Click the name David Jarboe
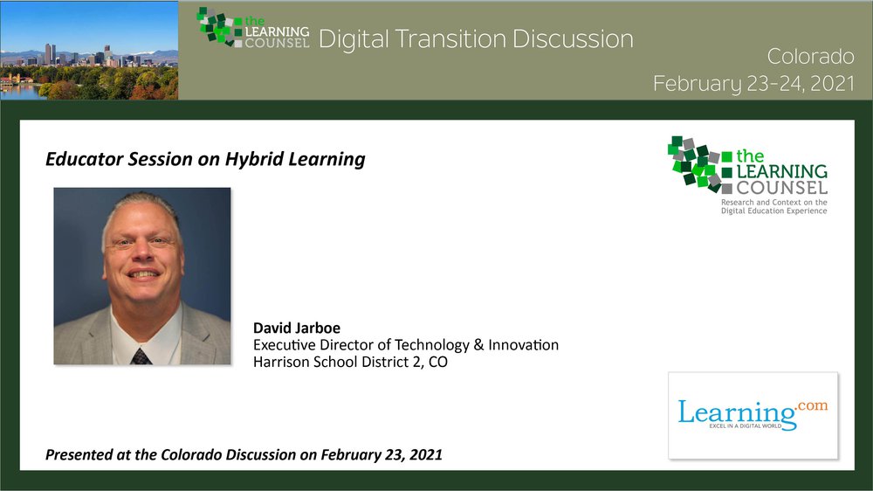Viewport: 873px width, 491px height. click(297, 328)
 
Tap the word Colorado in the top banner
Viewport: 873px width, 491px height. click(811, 56)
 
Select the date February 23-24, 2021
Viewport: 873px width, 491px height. click(754, 84)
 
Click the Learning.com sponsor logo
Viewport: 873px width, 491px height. click(753, 416)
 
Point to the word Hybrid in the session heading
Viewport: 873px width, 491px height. click(254, 159)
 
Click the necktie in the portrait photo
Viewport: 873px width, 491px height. click(141, 356)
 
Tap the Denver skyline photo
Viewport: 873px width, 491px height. click(89, 50)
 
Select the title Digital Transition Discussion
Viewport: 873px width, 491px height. click(476, 39)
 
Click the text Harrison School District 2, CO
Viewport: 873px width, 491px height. click(350, 363)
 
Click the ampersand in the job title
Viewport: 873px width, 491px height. click(478, 345)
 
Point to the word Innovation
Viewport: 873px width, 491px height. click(523, 345)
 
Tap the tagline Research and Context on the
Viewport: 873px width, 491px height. click(773, 203)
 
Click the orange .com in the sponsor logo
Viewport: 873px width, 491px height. click(812, 405)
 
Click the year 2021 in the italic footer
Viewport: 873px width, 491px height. click(425, 455)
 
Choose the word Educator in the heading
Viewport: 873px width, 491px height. click(85, 159)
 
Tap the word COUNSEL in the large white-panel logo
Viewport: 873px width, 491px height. click(781, 187)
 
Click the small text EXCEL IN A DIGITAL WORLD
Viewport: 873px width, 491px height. click(745, 426)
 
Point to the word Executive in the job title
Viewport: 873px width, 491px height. click(285, 345)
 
